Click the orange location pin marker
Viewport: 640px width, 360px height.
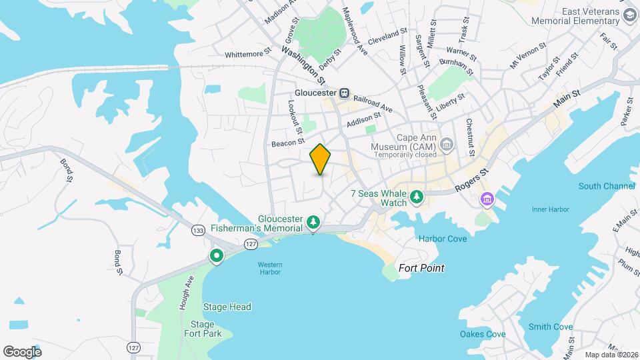pos(321,159)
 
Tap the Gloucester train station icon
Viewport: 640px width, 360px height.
pos(345,93)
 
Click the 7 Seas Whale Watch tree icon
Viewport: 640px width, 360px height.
pos(417,196)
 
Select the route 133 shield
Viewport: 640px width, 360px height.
pos(197,230)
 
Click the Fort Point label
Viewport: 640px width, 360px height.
pos(421,268)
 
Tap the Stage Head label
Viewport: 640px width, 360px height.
pos(227,307)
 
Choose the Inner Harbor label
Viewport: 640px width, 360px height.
pos(550,209)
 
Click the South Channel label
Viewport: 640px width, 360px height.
pos(607,186)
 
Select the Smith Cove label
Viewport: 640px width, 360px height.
pos(550,327)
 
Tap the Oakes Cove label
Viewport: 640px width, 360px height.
pos(482,334)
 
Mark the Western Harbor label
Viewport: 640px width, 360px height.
pos(271,267)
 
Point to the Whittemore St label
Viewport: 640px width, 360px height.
pos(248,52)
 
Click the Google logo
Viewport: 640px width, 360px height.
pos(22,351)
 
